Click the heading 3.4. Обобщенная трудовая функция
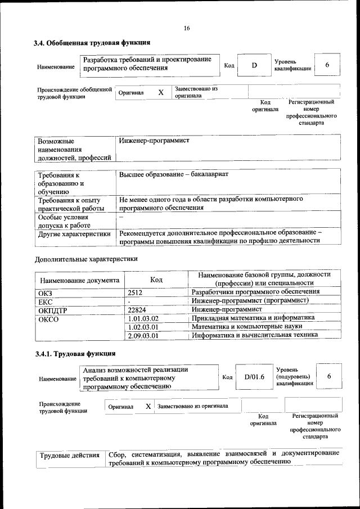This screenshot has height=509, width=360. pyautogui.click(x=92, y=42)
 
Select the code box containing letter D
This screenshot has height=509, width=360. pyautogui.click(x=254, y=65)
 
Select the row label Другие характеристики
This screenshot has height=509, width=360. pyautogui.click(x=74, y=233)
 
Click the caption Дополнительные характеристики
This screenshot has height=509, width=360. pyautogui.click(x=86, y=259)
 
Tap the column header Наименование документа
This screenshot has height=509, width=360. pyautogui.click(x=79, y=280)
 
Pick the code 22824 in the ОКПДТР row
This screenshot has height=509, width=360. pyautogui.click(x=137, y=310)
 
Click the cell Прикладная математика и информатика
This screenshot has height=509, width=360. pyautogui.click(x=253, y=318)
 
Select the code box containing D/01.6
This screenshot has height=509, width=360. pyautogui.click(x=254, y=377)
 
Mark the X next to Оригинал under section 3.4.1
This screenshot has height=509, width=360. pyautogui.click(x=148, y=406)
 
